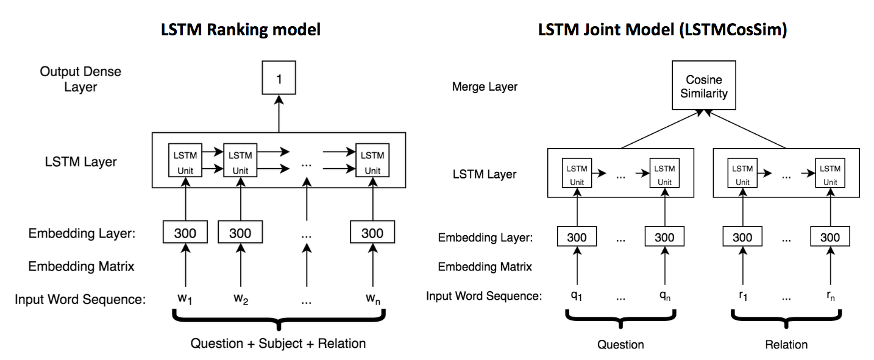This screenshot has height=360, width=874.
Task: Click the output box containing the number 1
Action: (279, 77)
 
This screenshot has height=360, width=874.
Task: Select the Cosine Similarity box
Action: (704, 85)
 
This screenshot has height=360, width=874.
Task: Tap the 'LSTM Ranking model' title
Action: (241, 30)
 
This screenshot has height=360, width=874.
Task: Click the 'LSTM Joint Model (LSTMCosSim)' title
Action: (663, 30)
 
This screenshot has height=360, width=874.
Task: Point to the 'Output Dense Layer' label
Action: (81, 79)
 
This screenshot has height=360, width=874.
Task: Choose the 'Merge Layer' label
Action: (485, 86)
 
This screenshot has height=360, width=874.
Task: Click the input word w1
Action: (185, 298)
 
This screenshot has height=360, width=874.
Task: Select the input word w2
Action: (241, 298)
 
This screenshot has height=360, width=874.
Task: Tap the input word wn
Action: (372, 298)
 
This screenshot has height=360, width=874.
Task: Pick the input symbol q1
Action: (577, 295)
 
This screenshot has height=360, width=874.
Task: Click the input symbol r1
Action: (743, 295)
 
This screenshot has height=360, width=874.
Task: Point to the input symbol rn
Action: (830, 295)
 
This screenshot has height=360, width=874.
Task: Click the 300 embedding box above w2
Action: (240, 232)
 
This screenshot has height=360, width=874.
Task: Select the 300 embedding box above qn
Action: (664, 236)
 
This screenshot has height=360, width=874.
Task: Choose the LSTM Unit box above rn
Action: (830, 173)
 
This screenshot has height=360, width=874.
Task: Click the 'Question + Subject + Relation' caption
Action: (278, 344)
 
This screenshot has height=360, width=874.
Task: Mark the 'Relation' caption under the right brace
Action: (786, 344)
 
